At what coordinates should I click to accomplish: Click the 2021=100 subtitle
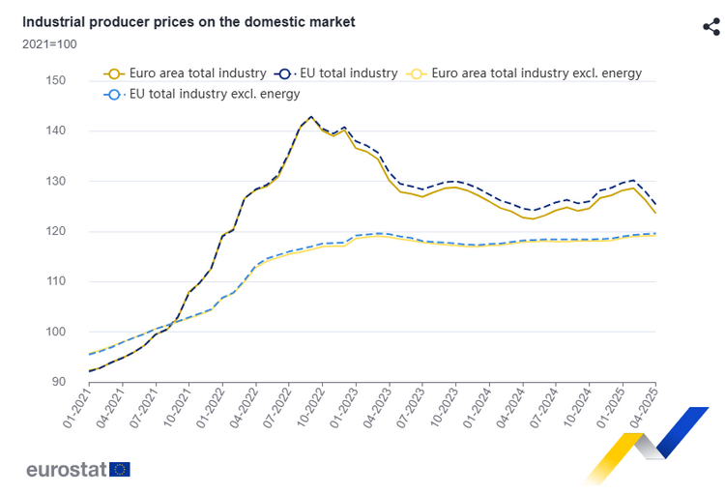(x=49, y=44)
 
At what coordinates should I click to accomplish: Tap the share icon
(x=711, y=26)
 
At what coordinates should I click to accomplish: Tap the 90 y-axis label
(x=58, y=382)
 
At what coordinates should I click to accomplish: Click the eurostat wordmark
(x=67, y=470)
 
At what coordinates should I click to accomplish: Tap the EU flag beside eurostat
(x=120, y=470)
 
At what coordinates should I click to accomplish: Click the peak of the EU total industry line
(x=310, y=117)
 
